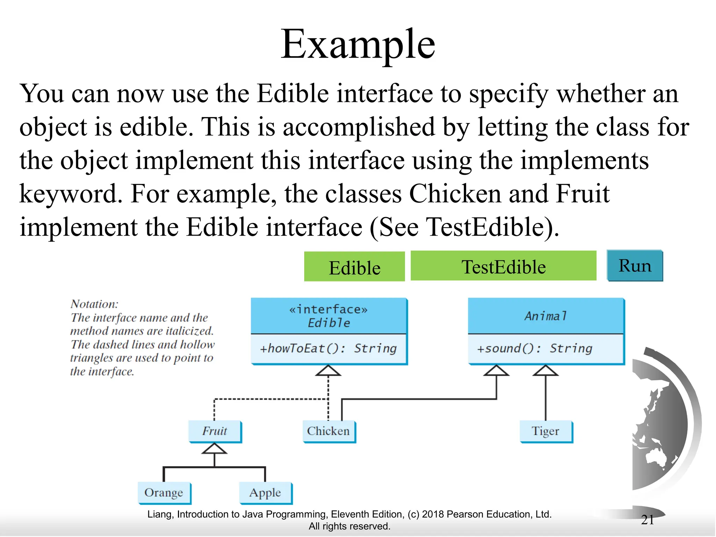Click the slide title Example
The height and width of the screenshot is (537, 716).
(358, 45)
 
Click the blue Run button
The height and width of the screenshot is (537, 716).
(635, 266)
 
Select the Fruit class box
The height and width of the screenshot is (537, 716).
(215, 431)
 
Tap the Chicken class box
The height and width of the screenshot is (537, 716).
(328, 431)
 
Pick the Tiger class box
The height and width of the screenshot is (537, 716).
(545, 431)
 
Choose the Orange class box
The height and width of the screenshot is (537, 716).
(164, 493)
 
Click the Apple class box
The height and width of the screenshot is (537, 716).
(265, 493)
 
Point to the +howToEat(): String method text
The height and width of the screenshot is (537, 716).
(328, 349)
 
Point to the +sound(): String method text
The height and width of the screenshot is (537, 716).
(535, 349)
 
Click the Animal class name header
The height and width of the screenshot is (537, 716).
(545, 316)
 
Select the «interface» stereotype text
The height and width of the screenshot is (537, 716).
(328, 309)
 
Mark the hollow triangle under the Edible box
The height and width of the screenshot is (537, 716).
(328, 371)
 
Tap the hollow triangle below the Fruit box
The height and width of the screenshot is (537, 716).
(214, 449)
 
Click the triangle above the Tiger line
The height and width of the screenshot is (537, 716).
(545, 371)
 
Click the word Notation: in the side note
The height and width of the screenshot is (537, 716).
(94, 304)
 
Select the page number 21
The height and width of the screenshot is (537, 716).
(647, 520)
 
